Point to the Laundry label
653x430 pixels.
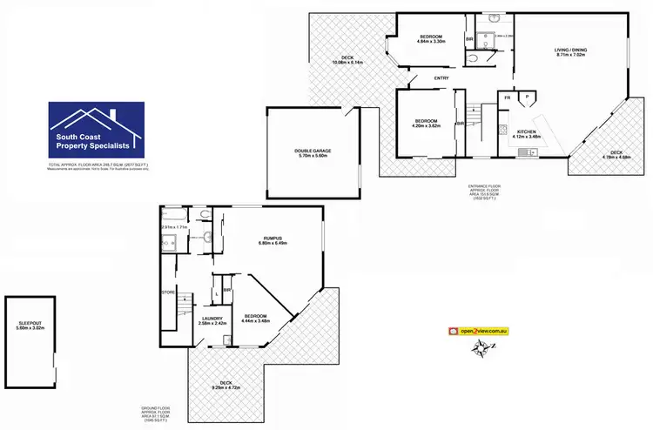click(212, 320)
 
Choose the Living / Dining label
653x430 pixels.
click(570, 52)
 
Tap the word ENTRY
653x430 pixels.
click(441, 79)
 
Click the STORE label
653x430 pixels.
click(168, 292)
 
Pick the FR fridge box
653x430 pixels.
click(507, 98)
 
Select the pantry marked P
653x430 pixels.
click(528, 98)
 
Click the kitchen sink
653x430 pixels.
click(524, 152)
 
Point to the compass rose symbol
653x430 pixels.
click(480, 349)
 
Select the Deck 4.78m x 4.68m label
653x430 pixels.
click(616, 155)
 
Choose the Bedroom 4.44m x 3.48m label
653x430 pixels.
click(255, 319)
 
